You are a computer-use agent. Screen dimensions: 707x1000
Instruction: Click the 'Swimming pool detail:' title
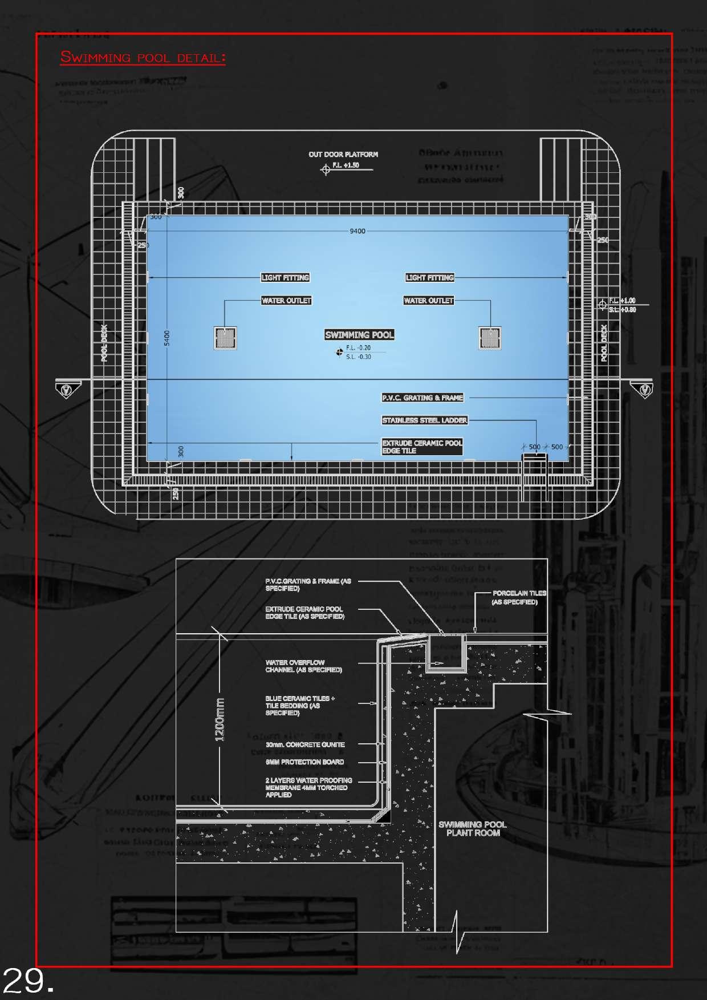(x=143, y=58)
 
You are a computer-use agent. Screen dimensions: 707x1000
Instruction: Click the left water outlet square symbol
(x=225, y=338)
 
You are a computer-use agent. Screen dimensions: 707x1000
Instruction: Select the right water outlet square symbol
(x=490, y=338)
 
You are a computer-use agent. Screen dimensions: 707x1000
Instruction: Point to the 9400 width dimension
(x=357, y=231)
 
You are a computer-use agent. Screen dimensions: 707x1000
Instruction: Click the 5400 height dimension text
(x=167, y=338)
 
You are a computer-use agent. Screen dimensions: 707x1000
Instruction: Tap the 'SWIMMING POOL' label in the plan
(x=359, y=335)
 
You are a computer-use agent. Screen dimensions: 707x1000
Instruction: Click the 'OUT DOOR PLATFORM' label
(x=343, y=155)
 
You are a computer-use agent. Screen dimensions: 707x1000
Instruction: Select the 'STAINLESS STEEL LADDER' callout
(x=424, y=420)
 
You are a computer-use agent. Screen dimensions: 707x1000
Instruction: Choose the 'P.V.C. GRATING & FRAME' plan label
(x=422, y=398)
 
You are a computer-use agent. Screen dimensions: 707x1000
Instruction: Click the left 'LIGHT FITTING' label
(x=285, y=278)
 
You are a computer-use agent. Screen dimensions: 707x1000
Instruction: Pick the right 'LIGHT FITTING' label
(x=430, y=278)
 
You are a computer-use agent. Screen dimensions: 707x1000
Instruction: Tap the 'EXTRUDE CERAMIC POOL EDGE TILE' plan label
(x=422, y=447)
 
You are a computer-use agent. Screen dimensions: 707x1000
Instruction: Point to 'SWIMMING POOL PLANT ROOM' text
(x=473, y=829)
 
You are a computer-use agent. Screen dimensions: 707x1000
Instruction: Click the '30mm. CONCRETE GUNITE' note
(x=305, y=744)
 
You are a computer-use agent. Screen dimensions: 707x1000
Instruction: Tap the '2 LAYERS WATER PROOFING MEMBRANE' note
(x=308, y=787)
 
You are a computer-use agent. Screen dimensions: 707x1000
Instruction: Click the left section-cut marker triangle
(x=67, y=390)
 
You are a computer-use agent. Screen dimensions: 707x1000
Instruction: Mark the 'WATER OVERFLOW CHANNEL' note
(x=303, y=666)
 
